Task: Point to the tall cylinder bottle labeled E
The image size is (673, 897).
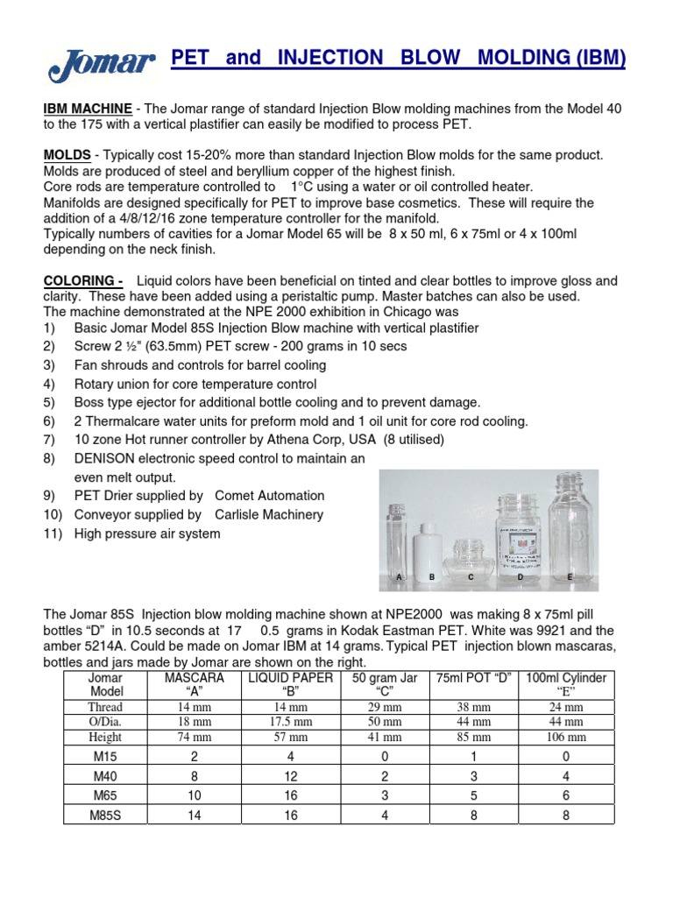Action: pyautogui.click(x=570, y=526)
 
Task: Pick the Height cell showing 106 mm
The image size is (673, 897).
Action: pyautogui.click(x=565, y=738)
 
